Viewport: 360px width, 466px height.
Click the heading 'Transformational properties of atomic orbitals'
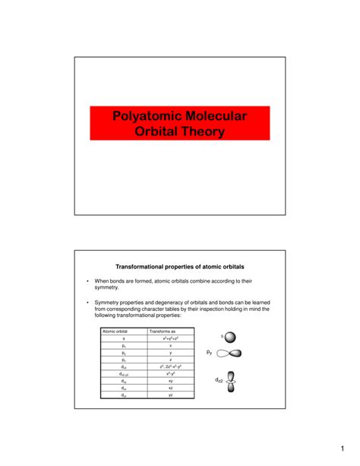tap(179, 266)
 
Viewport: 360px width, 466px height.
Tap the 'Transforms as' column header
tap(163, 331)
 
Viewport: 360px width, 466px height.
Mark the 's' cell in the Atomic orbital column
tap(123, 338)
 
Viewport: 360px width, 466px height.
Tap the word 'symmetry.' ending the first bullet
tap(108, 287)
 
